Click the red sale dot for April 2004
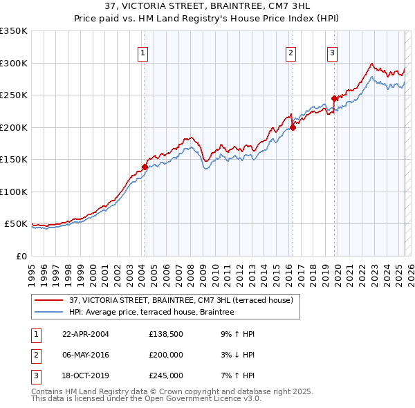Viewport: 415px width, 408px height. [145, 167]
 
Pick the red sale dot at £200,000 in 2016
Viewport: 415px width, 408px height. [293, 127]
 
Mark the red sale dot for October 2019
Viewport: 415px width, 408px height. [334, 98]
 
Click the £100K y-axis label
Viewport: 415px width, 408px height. [14, 192]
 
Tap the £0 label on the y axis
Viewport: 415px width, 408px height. [20, 256]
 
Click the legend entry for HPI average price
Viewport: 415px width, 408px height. [151, 312]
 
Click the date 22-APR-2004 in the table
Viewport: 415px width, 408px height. [85, 334]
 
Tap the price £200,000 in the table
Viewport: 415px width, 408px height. [166, 355]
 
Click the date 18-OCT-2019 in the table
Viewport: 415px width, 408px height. [85, 375]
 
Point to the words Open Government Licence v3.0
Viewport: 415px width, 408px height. [207, 398]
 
